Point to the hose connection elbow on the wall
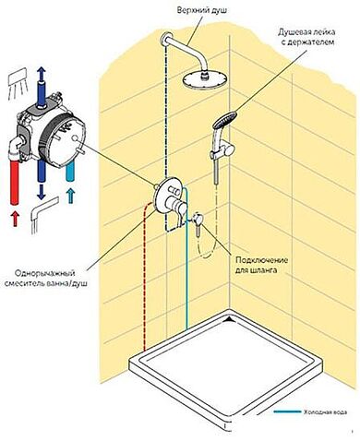coord(198,219)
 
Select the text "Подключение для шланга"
coord(256,265)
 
